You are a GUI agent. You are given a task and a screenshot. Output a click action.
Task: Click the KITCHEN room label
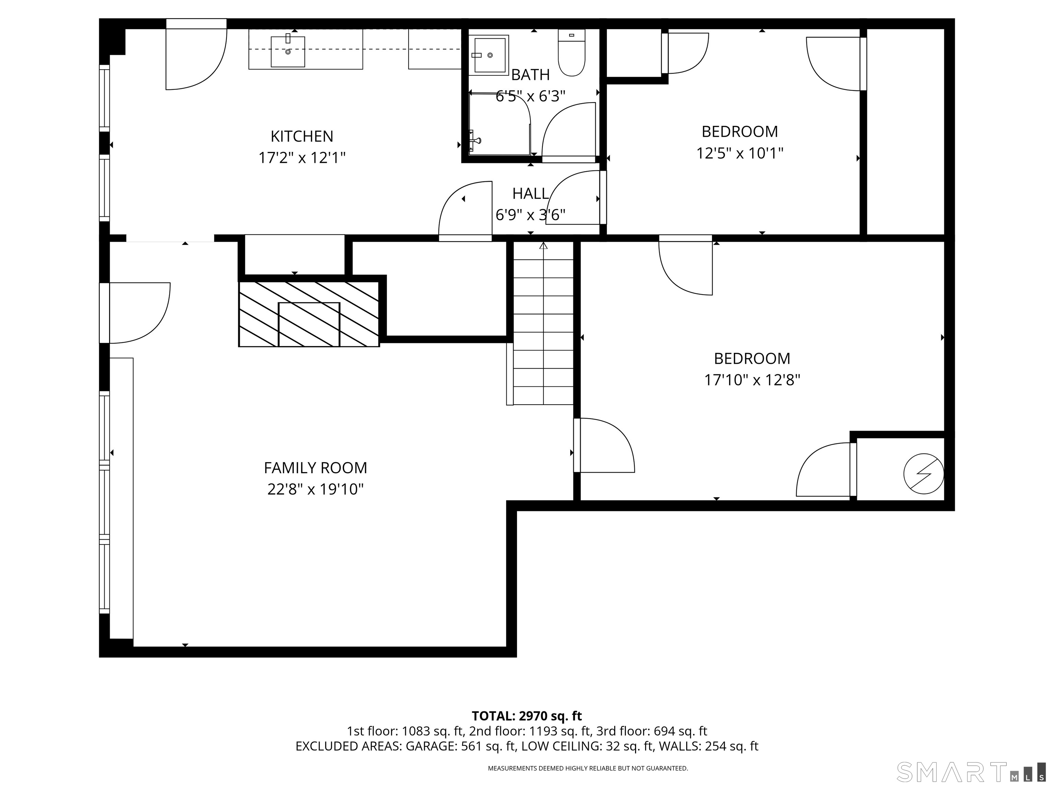click(302, 137)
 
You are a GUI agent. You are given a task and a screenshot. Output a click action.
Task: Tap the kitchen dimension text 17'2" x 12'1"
click(302, 158)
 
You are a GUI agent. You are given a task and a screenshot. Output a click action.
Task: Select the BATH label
click(530, 75)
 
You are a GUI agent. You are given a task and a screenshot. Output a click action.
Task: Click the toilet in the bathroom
click(571, 52)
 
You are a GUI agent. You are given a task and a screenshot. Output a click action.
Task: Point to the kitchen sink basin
click(288, 51)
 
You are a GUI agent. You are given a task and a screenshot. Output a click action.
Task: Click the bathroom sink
click(489, 55)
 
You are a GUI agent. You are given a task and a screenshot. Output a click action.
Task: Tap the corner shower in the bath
click(499, 123)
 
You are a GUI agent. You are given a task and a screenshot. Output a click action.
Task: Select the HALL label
click(530, 194)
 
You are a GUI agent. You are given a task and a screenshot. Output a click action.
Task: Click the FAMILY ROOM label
click(315, 468)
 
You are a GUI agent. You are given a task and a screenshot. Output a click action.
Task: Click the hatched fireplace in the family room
click(309, 314)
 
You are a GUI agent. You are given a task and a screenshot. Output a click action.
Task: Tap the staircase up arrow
click(543, 246)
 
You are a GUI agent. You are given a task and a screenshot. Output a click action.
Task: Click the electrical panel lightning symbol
click(923, 474)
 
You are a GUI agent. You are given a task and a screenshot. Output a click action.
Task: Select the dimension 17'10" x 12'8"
click(752, 380)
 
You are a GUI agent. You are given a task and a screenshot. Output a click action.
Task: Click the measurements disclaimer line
click(587, 768)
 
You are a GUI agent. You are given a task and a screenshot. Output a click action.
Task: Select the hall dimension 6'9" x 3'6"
click(530, 215)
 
